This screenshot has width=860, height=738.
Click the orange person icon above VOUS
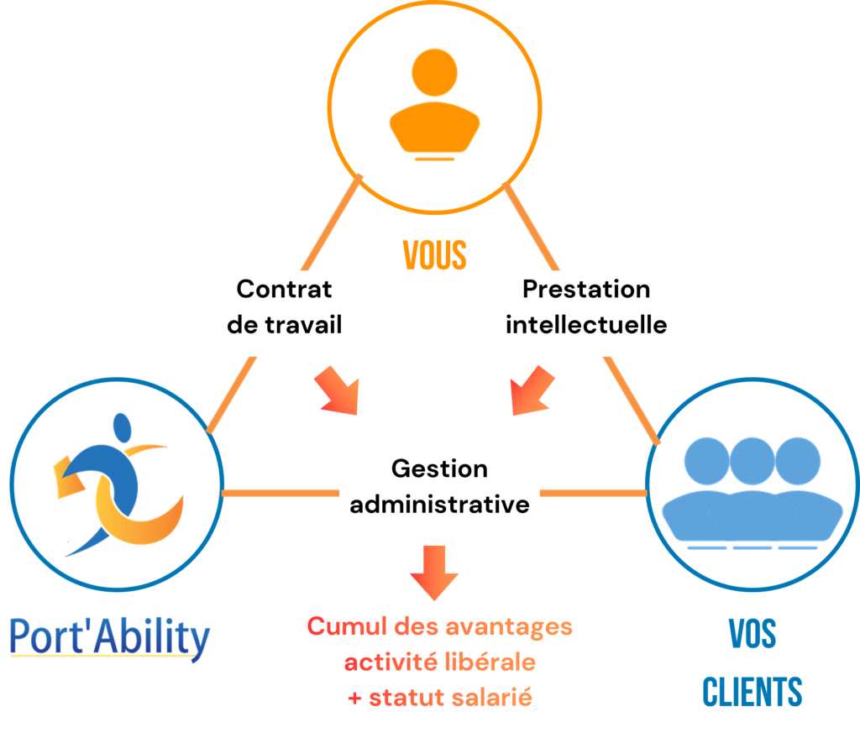(434, 105)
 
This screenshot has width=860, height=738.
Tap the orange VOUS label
(434, 254)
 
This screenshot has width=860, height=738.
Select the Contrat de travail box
(284, 307)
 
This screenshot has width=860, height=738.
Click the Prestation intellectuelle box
(585, 307)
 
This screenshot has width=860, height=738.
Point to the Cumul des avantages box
(439, 667)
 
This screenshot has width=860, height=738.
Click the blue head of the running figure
(122, 428)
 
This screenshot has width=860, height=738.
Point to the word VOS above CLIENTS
(752, 636)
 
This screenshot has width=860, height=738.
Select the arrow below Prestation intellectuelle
(532, 393)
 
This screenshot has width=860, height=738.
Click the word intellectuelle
(585, 324)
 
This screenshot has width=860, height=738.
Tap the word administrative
(439, 505)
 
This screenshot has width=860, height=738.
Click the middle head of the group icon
(752, 461)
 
